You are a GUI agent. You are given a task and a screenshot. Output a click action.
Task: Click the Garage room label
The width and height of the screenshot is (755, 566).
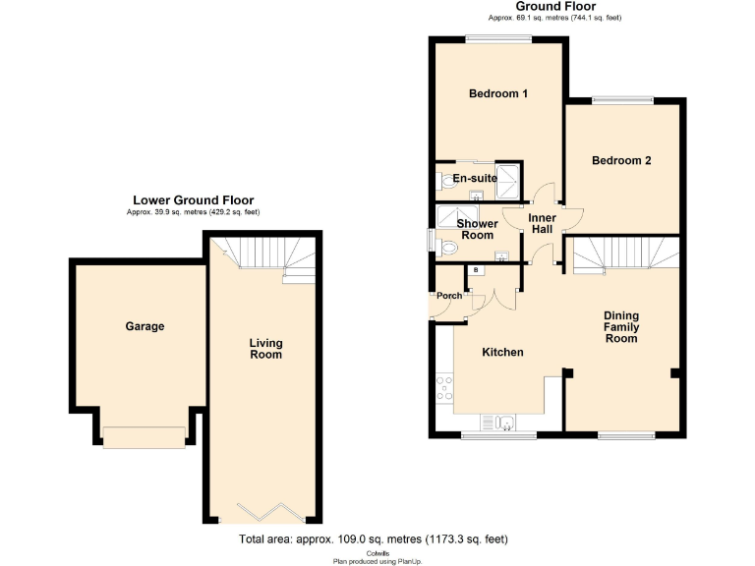(145, 326)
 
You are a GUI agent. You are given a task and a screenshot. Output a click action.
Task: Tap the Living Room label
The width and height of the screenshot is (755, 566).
(265, 349)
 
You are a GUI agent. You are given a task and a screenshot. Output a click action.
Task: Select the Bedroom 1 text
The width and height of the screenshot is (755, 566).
(498, 94)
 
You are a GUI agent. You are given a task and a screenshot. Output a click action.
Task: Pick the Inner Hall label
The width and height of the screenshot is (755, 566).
(542, 223)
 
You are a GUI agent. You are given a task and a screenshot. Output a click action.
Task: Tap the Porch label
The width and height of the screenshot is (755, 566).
(449, 296)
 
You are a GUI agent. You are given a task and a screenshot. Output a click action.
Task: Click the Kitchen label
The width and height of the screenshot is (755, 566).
(501, 352)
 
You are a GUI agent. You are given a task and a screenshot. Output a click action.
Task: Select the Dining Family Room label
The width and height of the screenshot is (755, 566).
(620, 327)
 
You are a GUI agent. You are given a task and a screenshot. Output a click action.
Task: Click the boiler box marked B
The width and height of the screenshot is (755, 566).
(477, 270)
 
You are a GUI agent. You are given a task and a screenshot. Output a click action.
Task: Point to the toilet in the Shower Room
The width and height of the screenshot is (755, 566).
(448, 250)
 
